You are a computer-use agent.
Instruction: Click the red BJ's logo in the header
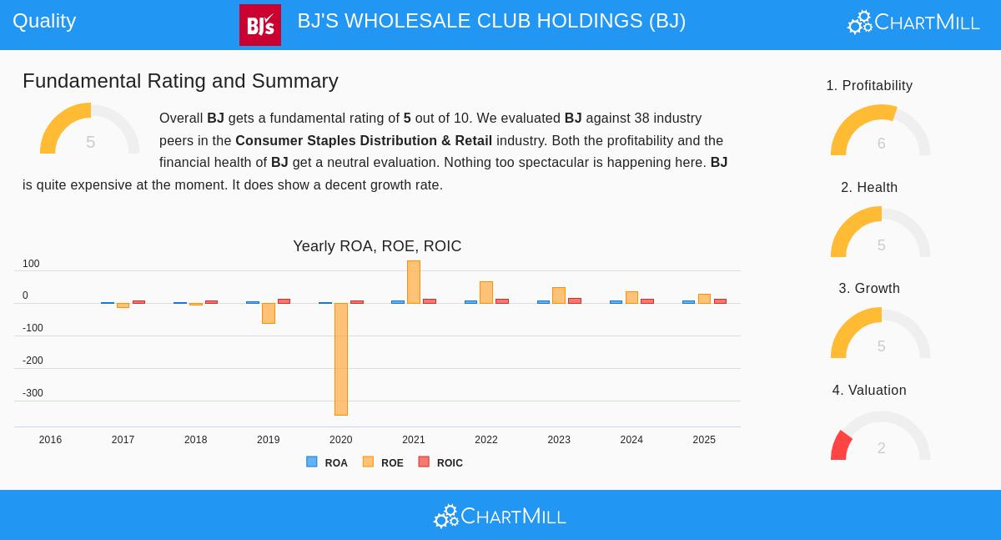click(259, 25)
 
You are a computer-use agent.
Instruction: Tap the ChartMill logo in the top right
click(913, 23)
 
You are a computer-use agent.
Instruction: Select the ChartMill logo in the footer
click(500, 517)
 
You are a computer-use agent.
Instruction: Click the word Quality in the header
click(44, 21)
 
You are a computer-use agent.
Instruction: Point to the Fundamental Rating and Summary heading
click(180, 81)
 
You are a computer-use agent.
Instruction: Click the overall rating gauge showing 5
click(90, 130)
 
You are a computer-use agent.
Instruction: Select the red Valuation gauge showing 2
click(880, 437)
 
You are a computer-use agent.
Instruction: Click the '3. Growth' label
click(869, 289)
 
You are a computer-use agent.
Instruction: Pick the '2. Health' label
click(869, 188)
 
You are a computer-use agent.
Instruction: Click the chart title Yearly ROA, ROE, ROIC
click(377, 246)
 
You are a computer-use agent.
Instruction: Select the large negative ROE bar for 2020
click(340, 359)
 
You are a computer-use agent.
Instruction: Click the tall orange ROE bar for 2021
click(414, 282)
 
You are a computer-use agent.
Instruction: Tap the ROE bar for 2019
click(268, 313)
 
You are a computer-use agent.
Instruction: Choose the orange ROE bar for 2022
click(486, 292)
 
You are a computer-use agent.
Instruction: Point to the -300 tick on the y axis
click(33, 393)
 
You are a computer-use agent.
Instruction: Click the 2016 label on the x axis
click(50, 440)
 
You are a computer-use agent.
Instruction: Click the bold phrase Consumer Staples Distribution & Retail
click(364, 141)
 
